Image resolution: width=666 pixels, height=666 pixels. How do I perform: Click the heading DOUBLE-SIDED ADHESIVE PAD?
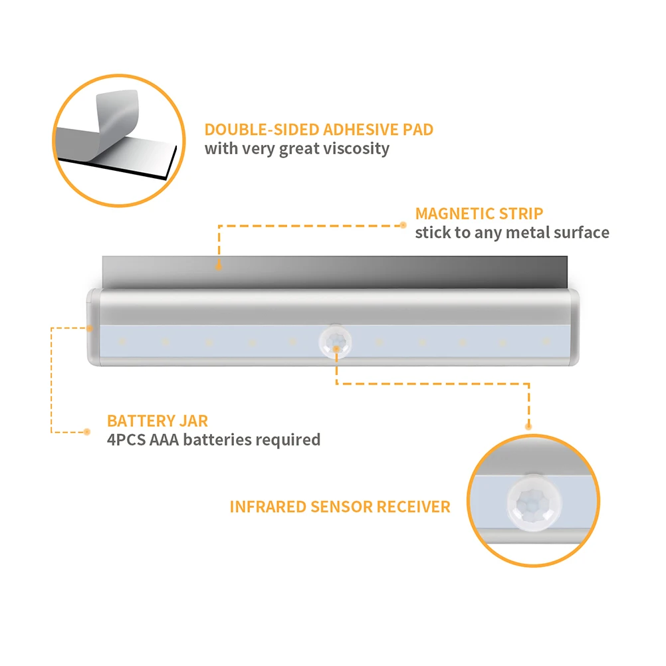[318, 129]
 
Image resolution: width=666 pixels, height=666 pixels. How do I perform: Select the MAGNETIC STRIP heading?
[479, 213]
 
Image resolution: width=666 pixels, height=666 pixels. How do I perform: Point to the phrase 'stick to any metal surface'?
[512, 233]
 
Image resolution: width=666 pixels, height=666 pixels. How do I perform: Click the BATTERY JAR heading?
[158, 421]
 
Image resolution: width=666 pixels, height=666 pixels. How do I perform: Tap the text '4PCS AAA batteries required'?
[213, 439]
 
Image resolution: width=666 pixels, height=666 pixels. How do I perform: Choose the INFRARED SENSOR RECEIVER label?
[340, 506]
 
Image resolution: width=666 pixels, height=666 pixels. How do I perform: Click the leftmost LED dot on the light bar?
[122, 342]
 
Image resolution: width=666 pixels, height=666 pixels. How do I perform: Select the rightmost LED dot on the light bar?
[546, 342]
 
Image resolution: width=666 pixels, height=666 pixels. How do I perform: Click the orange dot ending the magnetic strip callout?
[403, 225]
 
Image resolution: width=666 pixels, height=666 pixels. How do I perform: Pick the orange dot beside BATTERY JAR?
[87, 431]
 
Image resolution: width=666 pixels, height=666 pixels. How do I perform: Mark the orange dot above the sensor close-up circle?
[529, 425]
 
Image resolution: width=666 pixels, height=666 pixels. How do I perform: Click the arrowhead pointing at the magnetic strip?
[218, 265]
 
